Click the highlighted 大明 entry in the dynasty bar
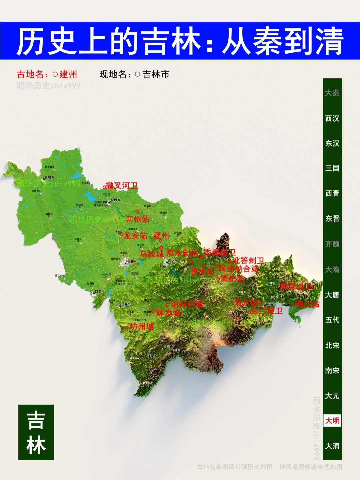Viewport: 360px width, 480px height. coord(332,421)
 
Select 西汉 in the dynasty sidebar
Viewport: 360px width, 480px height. coord(332,118)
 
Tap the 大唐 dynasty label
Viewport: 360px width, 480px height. coord(332,295)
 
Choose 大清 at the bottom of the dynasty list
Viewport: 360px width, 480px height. coord(332,446)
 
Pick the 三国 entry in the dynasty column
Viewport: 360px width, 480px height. coord(332,168)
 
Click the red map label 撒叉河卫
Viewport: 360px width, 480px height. coord(122,185)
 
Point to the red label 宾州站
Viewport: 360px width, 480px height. coord(137,219)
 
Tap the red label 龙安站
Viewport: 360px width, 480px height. coord(135,235)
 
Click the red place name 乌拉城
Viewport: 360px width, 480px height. coord(152,254)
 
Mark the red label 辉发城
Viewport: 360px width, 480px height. coord(168,313)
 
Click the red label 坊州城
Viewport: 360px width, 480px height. coord(142,327)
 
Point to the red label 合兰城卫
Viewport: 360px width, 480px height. coord(267,311)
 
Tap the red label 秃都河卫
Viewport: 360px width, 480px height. coord(220,252)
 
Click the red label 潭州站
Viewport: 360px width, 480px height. coord(232,279)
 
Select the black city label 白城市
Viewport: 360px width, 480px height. coord(49,177)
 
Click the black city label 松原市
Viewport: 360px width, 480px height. coord(115,200)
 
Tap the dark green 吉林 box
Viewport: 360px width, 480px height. coord(36,432)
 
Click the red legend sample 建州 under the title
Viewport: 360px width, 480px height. coord(68,74)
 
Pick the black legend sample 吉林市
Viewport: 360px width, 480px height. coord(156,74)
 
